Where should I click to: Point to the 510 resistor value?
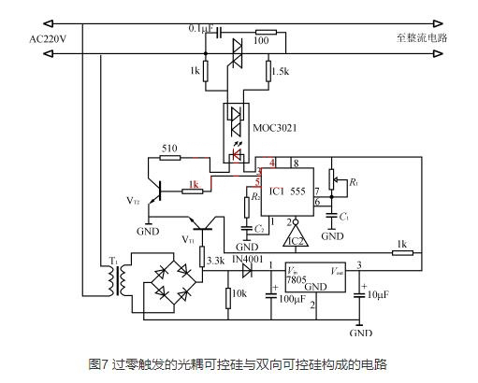169,147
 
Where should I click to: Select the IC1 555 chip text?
288,191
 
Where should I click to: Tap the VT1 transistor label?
189,239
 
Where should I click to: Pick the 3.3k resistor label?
215,261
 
